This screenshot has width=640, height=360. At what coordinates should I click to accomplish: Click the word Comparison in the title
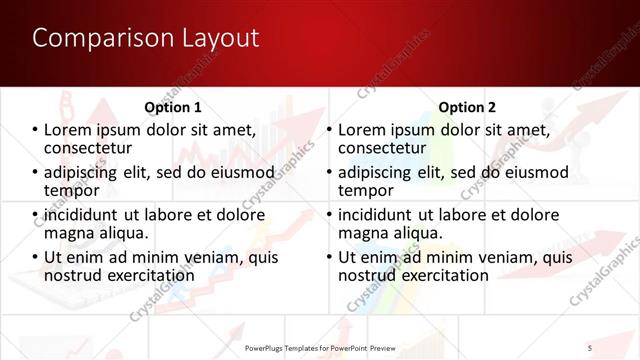[90, 38]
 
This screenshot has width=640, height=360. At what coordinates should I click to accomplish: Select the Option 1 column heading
[173, 107]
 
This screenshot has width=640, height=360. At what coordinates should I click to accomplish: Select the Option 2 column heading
[466, 107]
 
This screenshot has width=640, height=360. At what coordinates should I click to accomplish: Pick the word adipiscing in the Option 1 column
[88, 172]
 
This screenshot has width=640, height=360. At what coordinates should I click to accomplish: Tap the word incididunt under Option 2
[382, 215]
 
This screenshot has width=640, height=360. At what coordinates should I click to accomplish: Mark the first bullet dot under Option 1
[36, 130]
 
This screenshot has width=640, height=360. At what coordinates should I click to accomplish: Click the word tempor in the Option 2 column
[366, 190]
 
